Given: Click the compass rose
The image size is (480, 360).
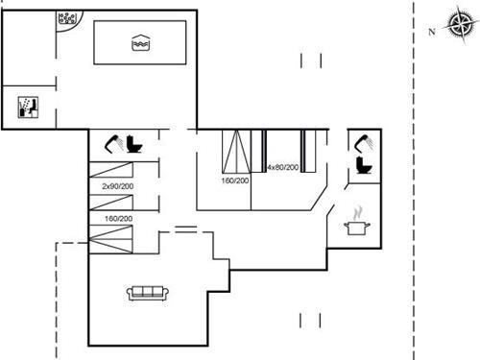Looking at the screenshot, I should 454,22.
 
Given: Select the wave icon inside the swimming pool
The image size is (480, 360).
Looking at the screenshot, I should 140,42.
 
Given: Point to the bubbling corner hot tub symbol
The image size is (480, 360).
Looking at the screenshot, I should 70,19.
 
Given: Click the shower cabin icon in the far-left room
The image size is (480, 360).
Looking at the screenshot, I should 28,107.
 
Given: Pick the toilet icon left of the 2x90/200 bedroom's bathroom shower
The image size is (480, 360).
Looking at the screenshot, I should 133,144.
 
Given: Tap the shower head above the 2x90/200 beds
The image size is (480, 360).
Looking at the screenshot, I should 114,143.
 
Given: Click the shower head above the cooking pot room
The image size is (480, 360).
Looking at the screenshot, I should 362,143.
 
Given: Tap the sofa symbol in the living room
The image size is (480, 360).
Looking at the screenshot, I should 147,293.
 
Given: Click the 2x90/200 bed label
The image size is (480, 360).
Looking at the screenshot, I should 118,185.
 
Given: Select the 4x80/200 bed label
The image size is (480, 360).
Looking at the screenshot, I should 282,168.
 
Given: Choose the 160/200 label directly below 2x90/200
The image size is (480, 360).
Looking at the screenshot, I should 118,218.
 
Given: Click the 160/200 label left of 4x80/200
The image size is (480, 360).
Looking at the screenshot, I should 235,180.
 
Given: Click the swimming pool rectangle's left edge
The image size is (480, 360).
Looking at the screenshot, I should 94,43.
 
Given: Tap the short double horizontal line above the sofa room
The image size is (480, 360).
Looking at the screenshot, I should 185,228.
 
